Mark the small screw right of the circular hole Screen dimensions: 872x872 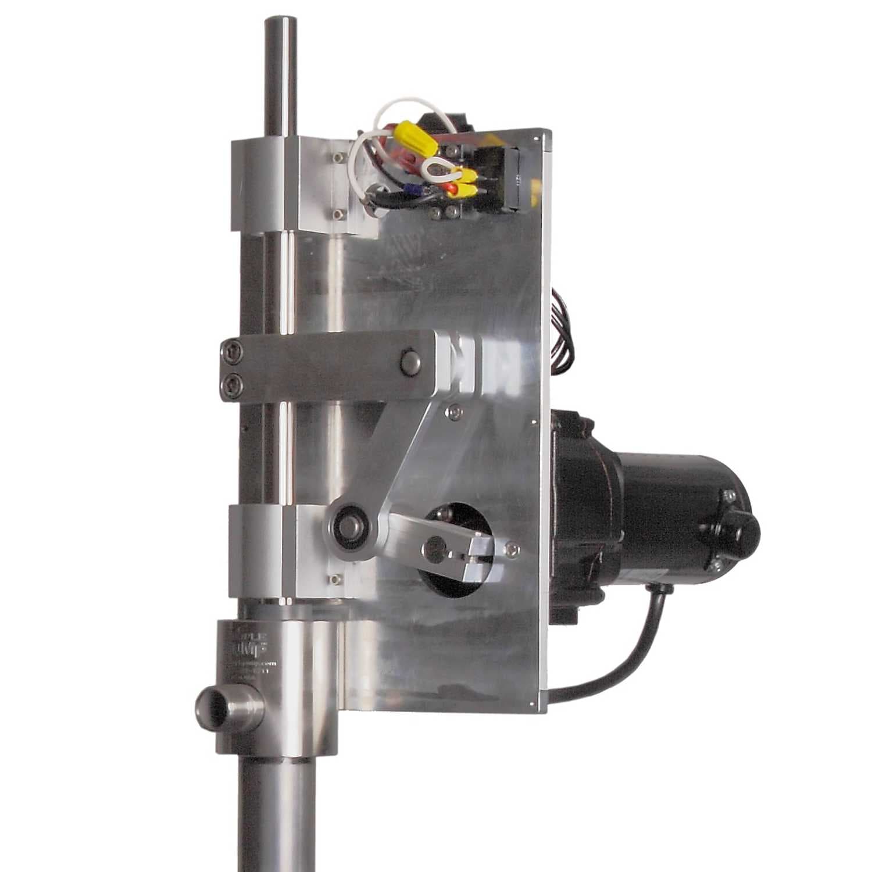(x=511, y=548)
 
